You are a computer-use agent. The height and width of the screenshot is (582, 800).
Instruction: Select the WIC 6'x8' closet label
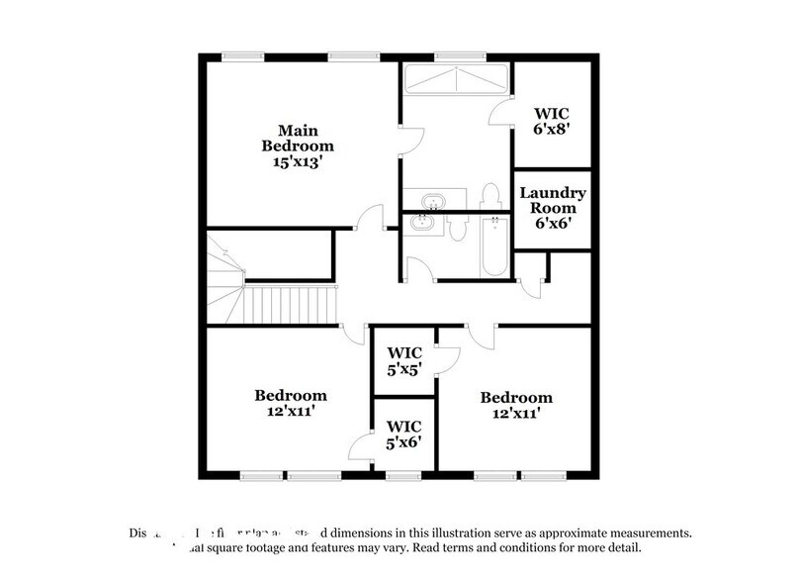coord(551,121)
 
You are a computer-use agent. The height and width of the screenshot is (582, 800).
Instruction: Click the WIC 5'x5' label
coord(403,359)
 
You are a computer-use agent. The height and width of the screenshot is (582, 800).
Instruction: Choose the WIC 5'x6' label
coord(403,434)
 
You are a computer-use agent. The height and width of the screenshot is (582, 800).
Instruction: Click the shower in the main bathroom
coord(455,79)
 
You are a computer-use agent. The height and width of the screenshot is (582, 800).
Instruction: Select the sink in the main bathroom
coord(433,202)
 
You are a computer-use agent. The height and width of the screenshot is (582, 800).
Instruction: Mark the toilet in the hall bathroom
coord(456,230)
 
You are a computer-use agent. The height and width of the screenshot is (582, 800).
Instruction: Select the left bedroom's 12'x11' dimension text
coord(291,410)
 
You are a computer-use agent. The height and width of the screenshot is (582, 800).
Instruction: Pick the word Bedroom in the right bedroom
coord(516,398)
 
